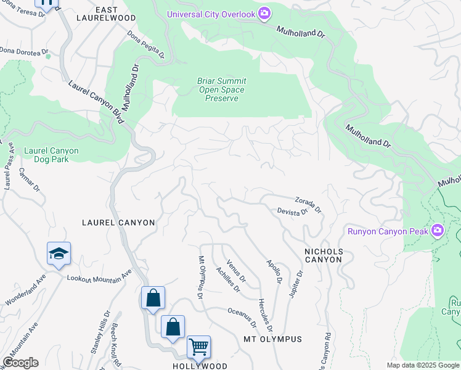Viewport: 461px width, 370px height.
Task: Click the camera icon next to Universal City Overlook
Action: pyautogui.click(x=264, y=14)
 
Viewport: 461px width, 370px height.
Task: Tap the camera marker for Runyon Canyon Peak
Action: pyautogui.click(x=438, y=231)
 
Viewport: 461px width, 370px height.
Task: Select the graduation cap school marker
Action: pyautogui.click(x=59, y=254)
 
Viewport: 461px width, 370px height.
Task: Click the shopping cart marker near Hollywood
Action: pyautogui.click(x=198, y=347)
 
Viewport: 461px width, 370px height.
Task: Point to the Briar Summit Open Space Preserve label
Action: pyautogui.click(x=221, y=89)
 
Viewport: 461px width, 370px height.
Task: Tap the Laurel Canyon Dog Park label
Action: pyautogui.click(x=51, y=155)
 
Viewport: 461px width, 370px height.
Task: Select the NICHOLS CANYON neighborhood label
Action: pyautogui.click(x=324, y=255)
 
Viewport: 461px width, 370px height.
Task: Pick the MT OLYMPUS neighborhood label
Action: pyautogui.click(x=272, y=339)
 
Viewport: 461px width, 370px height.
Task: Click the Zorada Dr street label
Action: pyautogui.click(x=308, y=204)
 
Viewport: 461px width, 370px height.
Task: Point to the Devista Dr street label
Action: pyautogui.click(x=292, y=211)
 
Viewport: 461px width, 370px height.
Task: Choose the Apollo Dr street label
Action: pyautogui.click(x=274, y=271)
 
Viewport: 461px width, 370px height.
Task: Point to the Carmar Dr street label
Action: pyautogui.click(x=30, y=179)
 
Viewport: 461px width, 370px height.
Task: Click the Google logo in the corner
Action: pyautogui.click(x=20, y=363)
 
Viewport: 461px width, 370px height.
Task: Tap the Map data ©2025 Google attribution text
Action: pyautogui.click(x=423, y=365)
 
